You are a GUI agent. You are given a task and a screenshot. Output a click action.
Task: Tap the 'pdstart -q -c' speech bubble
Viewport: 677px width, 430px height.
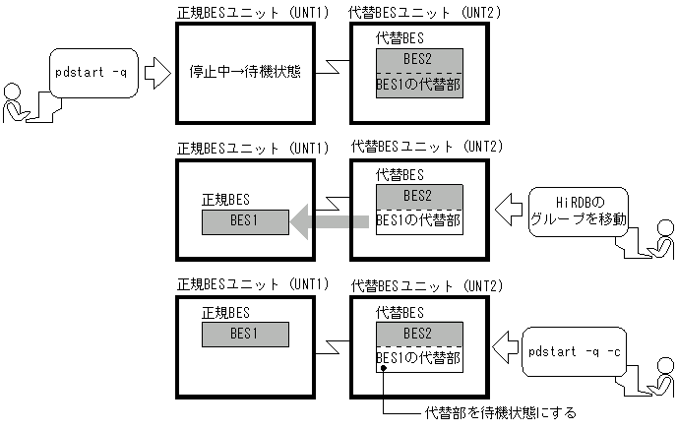tap(574, 350)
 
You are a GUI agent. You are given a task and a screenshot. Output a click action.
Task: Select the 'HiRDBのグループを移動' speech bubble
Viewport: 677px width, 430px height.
tap(578, 210)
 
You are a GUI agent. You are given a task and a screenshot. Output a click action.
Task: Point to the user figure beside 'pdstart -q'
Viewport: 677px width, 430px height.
tap(20, 104)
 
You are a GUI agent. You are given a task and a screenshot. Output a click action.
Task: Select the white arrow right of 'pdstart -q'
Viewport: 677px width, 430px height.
tap(155, 72)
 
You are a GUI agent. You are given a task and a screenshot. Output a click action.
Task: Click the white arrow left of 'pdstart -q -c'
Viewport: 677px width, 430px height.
tap(505, 345)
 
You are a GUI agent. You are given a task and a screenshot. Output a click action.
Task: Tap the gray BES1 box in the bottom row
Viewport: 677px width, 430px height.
tap(244, 334)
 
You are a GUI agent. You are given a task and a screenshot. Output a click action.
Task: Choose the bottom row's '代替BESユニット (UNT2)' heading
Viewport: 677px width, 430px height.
tap(427, 285)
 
